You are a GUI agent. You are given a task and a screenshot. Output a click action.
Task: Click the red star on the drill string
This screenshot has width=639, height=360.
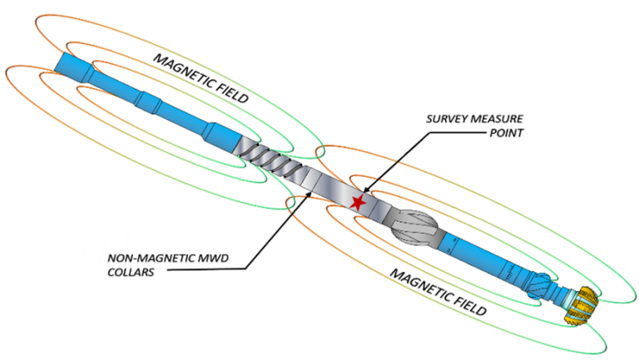[x=359, y=202]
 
